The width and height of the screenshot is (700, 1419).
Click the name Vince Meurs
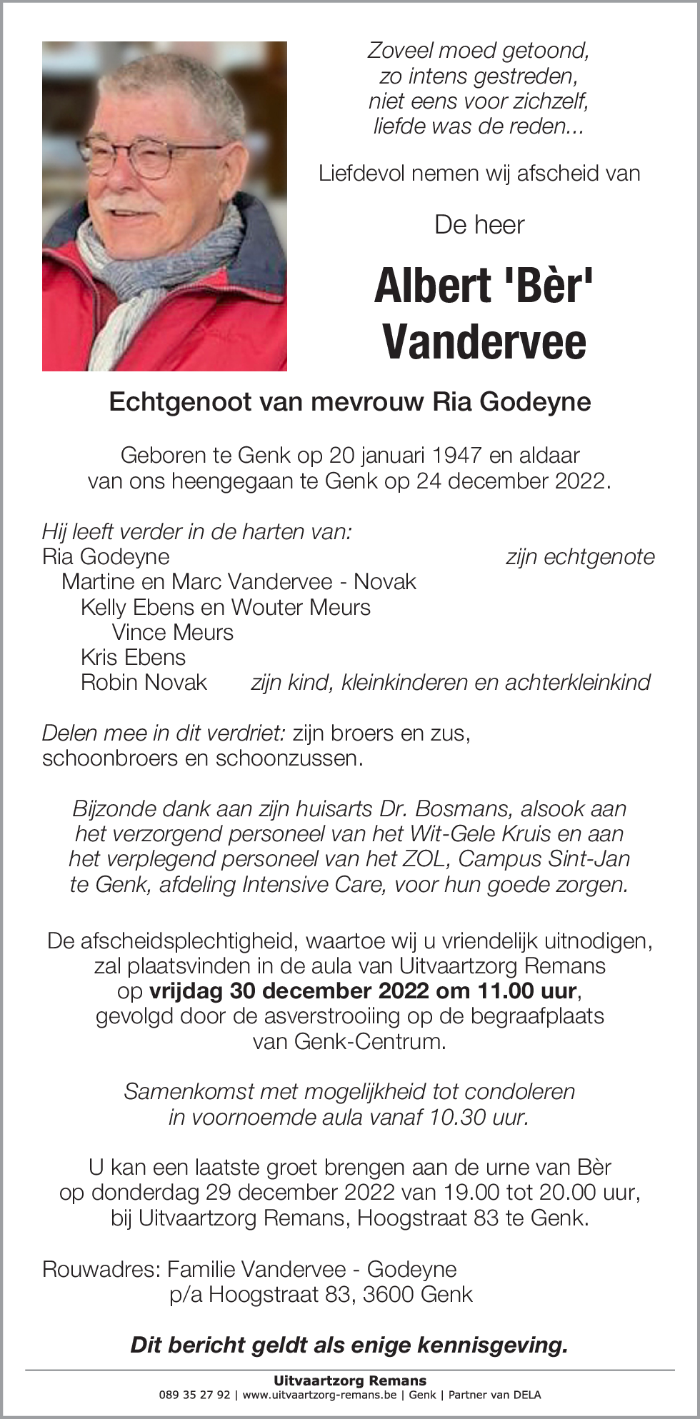[173, 632]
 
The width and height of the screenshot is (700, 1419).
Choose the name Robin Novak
[144, 682]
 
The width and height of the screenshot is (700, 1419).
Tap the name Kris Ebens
[133, 657]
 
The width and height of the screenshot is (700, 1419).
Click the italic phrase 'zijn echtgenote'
[580, 557]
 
